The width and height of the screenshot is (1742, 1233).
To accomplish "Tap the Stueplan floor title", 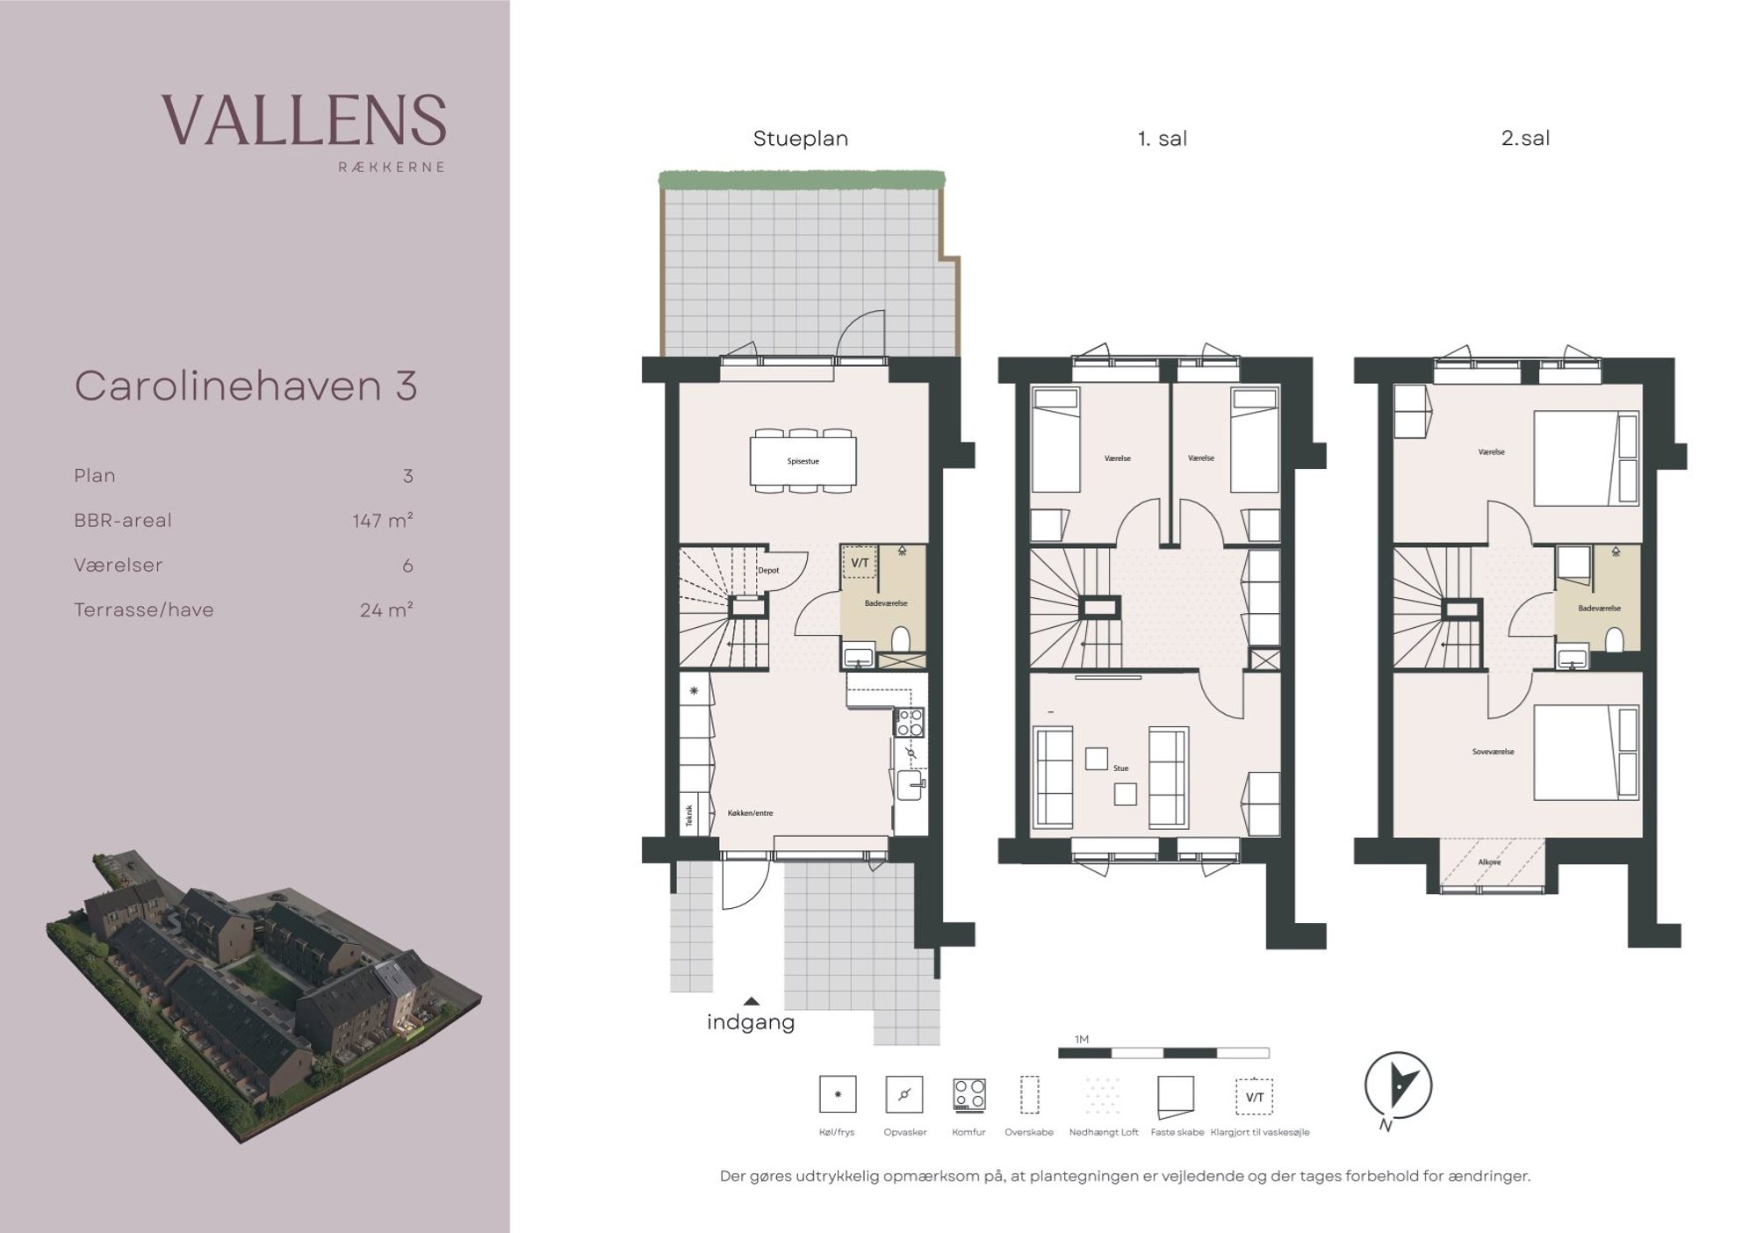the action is pyautogui.click(x=801, y=139).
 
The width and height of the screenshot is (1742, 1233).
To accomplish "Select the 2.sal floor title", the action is pyautogui.click(x=1525, y=138).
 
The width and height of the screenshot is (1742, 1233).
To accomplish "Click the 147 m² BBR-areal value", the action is pyautogui.click(x=383, y=521).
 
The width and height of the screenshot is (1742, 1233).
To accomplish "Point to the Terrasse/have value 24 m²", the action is pyautogui.click(x=386, y=610).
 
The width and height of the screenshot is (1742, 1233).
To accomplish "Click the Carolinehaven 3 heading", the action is pyautogui.click(x=246, y=386).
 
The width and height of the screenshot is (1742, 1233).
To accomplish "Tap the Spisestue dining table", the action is pyautogui.click(x=803, y=461).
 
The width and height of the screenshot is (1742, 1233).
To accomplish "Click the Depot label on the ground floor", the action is pyautogui.click(x=768, y=571).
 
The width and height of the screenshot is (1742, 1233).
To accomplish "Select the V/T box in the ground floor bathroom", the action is pyautogui.click(x=860, y=563).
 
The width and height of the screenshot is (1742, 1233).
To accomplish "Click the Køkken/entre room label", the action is pyautogui.click(x=751, y=813).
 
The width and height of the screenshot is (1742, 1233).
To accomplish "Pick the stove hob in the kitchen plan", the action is pyautogui.click(x=909, y=722).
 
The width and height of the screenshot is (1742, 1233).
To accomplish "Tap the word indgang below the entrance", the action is pyautogui.click(x=751, y=1022).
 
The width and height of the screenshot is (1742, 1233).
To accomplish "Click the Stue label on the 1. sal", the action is pyautogui.click(x=1120, y=768).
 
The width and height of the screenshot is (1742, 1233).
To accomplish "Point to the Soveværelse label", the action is pyautogui.click(x=1493, y=752).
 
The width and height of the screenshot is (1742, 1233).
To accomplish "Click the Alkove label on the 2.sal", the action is pyautogui.click(x=1489, y=862).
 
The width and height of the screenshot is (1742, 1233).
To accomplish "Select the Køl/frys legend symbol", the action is pyautogui.click(x=838, y=1094).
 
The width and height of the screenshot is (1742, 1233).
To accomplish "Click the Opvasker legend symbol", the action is pyautogui.click(x=904, y=1094).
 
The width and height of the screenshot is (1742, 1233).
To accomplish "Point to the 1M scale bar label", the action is pyautogui.click(x=1082, y=1040).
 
